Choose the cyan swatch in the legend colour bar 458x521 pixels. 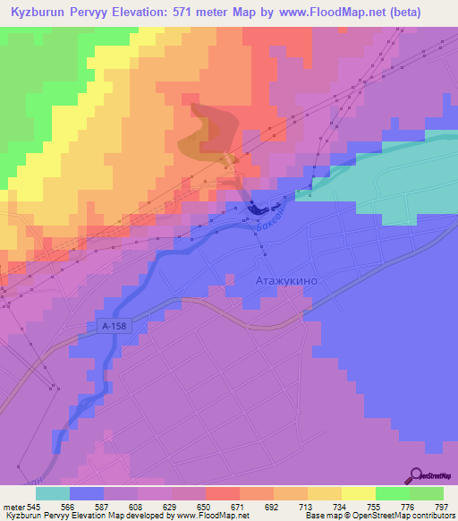click(52, 493)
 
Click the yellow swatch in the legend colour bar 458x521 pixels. click(358, 493)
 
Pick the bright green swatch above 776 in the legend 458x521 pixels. click(392, 493)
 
